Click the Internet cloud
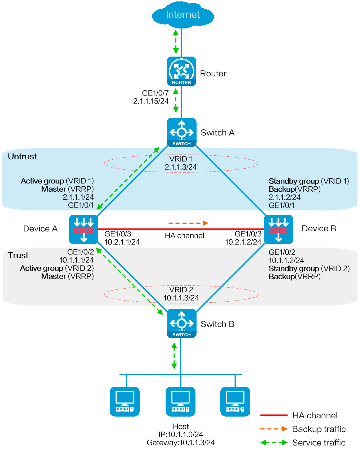pos(183,15)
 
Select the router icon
pos(181,71)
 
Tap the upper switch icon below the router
pos(181,132)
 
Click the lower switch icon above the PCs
pos(181,323)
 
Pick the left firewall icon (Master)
pos(84,229)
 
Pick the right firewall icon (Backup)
pos(278,229)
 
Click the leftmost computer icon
pos(125,401)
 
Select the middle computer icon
pos(180,401)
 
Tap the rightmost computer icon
pos(235,401)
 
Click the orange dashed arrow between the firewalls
pos(188,223)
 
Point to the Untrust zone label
pos(22,156)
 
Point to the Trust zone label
pos(18,255)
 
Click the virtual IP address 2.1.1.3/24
pos(181,167)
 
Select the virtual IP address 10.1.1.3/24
pos(181,298)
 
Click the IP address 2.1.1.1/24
pos(78,197)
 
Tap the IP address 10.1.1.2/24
pos(286,260)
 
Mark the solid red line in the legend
pos(274,415)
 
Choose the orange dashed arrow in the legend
pos(274,429)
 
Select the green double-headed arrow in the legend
pos(274,442)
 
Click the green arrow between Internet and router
pos(176,41)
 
